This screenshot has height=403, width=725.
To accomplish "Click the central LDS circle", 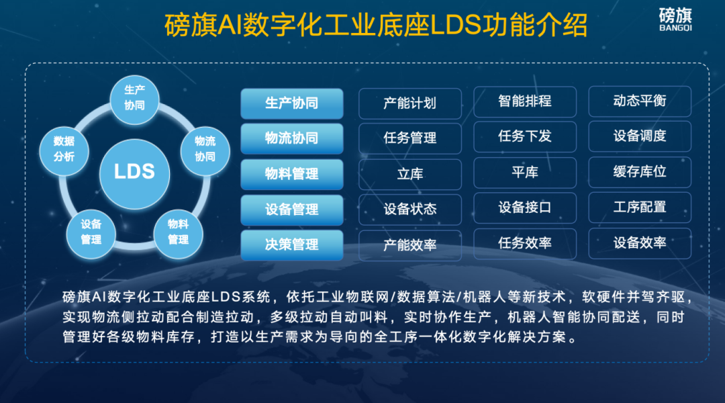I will [x=134, y=171].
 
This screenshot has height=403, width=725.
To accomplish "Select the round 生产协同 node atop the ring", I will [x=134, y=98].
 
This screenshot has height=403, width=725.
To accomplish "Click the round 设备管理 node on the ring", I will [x=91, y=232].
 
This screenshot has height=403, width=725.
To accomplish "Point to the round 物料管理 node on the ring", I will [x=178, y=232].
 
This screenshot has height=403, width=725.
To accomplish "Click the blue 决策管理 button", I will [x=291, y=245].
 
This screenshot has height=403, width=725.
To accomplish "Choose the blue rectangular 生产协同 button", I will [x=291, y=103].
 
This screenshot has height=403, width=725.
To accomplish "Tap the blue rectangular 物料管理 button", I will [x=291, y=174].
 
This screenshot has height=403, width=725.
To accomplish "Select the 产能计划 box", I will [x=410, y=103].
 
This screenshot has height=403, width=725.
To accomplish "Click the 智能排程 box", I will [x=525, y=101].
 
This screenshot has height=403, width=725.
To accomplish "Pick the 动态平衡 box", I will [x=640, y=101].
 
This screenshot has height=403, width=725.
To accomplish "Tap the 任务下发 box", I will [x=525, y=136].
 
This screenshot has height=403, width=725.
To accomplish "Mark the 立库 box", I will [x=410, y=174].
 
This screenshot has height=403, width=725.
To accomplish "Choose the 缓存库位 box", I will [x=640, y=172].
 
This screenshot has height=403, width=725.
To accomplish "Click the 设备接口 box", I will [x=525, y=208].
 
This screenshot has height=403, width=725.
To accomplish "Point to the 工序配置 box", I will [x=640, y=208].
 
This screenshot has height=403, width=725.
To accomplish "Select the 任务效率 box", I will [x=525, y=243].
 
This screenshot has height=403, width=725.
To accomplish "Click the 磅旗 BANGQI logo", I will [x=675, y=19].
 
